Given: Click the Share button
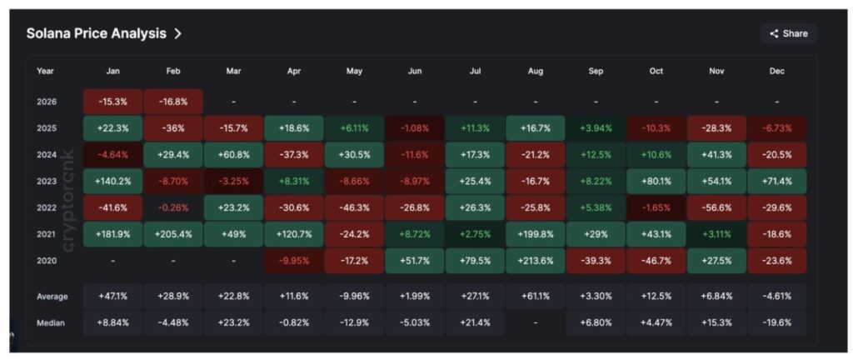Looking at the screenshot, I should (788, 33).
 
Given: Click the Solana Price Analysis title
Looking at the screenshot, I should (96, 33).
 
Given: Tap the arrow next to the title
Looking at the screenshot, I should (177, 33).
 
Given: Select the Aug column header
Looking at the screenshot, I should (536, 71).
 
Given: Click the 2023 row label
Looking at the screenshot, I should (47, 181).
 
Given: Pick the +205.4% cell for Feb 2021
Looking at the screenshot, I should (173, 234).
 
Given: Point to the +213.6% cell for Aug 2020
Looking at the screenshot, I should (536, 261).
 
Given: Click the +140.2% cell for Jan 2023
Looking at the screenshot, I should (113, 181).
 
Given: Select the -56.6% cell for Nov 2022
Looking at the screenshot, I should (716, 207).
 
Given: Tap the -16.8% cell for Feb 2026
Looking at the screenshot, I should (173, 102).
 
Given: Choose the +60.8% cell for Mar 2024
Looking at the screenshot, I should (233, 154).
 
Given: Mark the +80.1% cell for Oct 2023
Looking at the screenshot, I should (656, 181).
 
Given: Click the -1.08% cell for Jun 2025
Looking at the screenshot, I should (415, 128).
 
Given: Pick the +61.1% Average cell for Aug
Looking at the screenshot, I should (536, 296).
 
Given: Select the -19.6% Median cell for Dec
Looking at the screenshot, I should (777, 322).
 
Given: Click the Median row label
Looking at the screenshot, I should (51, 322).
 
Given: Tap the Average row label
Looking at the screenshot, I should (52, 296).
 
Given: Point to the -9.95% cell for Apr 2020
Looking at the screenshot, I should (294, 261).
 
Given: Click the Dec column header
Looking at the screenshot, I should (777, 71).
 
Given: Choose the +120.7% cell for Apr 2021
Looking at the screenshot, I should (294, 234).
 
